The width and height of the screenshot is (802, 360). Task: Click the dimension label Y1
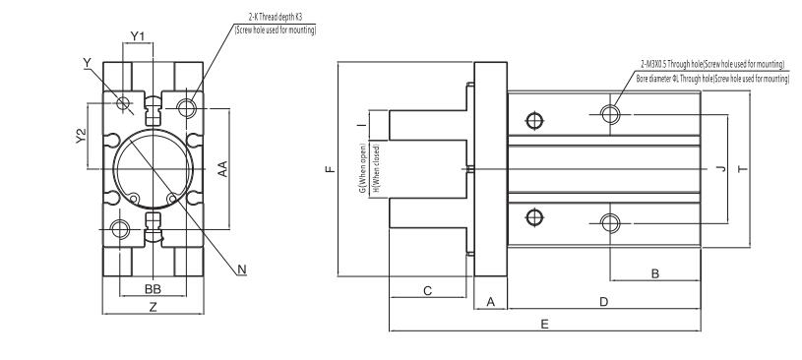pyautogui.click(x=139, y=36)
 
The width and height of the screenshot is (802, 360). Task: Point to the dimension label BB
pyautogui.click(x=153, y=290)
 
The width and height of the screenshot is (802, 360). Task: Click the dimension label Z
pyautogui.click(x=153, y=308)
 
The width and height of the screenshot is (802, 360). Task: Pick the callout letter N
pyautogui.click(x=243, y=269)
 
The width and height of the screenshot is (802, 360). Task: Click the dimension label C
pyautogui.click(x=427, y=291)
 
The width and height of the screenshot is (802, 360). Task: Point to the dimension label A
pyautogui.click(x=490, y=303)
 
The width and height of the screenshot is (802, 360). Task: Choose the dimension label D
pyautogui.click(x=603, y=302)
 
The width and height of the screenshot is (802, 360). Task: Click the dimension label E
pyautogui.click(x=544, y=324)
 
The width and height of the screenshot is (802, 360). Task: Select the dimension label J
pyautogui.click(x=721, y=170)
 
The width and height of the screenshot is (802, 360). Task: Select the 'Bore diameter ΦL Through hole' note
pyautogui.click(x=711, y=76)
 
